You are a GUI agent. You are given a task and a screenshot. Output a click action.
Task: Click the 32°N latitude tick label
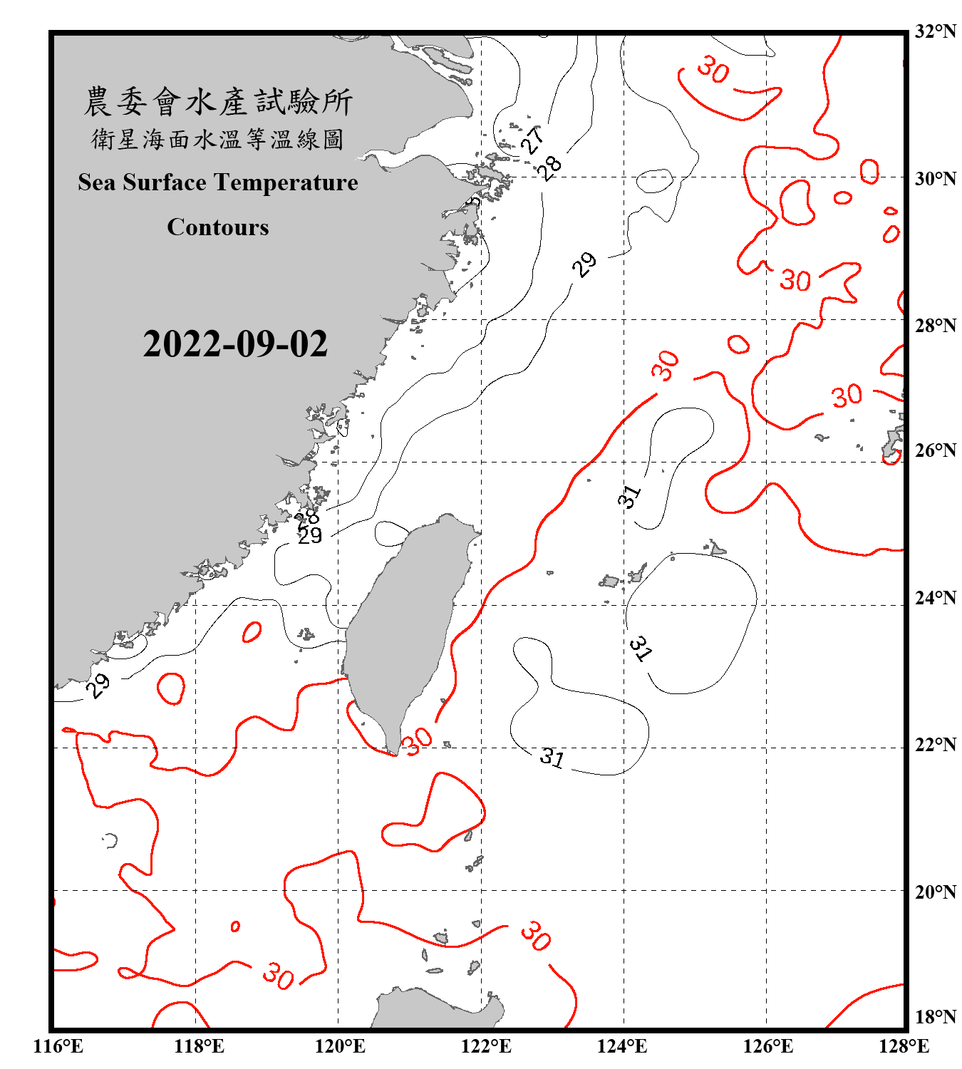[x=935, y=31]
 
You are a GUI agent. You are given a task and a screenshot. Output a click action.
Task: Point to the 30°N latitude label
[x=935, y=179]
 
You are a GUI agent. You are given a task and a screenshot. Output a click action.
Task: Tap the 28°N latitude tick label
[x=935, y=326]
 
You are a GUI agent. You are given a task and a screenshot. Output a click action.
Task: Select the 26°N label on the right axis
[x=935, y=450]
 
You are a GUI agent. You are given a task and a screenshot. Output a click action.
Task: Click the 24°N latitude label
[x=935, y=598]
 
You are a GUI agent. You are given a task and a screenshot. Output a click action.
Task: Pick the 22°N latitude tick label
[x=935, y=745]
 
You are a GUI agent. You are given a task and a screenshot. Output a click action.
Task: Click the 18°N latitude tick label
[x=935, y=1017]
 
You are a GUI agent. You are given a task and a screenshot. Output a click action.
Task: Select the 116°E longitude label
[x=58, y=1047]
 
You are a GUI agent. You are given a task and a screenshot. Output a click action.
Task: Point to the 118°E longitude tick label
[x=199, y=1047]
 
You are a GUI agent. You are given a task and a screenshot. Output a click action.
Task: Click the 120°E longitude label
[x=340, y=1047]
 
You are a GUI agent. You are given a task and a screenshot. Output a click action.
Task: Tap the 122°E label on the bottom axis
[x=486, y=1047]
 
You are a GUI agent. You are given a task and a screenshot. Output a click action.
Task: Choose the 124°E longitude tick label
[x=622, y=1047]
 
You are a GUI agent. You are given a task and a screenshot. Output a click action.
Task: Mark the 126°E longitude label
[x=767, y=1047]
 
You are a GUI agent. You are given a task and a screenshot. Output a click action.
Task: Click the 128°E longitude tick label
[x=904, y=1047]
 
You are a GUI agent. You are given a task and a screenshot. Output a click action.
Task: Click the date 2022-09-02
[x=235, y=344]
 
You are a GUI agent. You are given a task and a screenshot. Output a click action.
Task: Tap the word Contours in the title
[x=218, y=227]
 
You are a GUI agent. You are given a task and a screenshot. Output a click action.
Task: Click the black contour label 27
[x=532, y=140]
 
